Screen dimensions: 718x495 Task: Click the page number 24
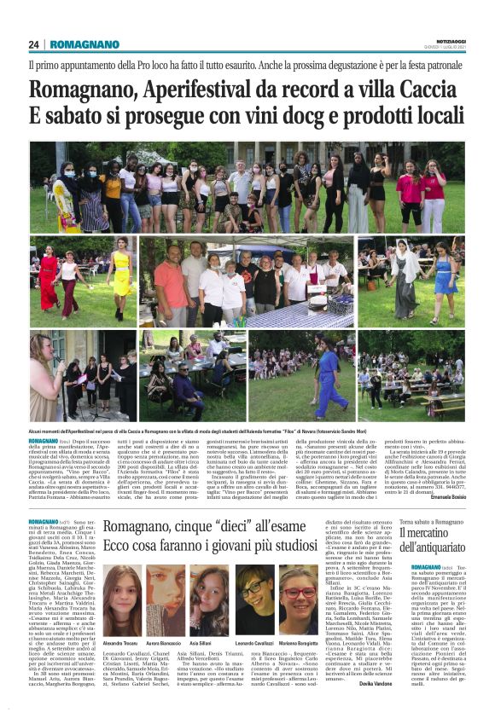pos(34,44)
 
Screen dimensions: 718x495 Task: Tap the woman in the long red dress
pos(47,278)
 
